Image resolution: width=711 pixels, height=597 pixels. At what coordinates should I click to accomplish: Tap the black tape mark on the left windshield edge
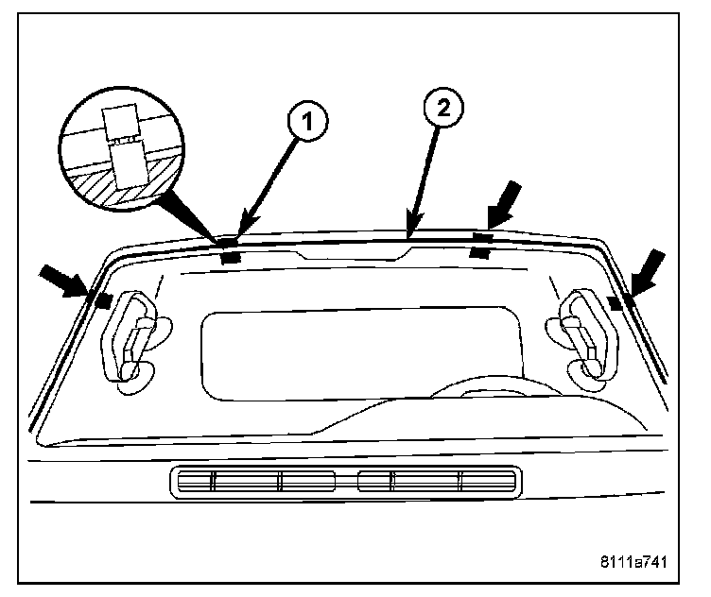(x=101, y=299)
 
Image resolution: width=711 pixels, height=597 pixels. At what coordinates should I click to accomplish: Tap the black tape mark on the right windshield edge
(x=616, y=302)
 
